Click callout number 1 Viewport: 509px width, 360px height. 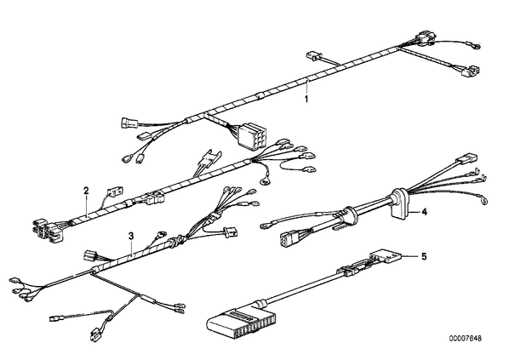point(306,99)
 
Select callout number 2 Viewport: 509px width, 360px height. point(86,191)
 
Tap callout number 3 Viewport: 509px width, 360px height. point(131,236)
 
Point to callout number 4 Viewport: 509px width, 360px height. point(424,212)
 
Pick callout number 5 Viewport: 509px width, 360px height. point(424,257)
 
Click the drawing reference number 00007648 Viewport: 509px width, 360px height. point(466,338)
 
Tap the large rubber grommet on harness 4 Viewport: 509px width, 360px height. point(399,202)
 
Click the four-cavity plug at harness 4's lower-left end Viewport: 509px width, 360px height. point(289,239)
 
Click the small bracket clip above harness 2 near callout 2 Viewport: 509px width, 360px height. point(115,191)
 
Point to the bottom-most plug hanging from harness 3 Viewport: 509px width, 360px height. point(94,336)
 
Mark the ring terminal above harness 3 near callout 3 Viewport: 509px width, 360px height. point(161,233)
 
